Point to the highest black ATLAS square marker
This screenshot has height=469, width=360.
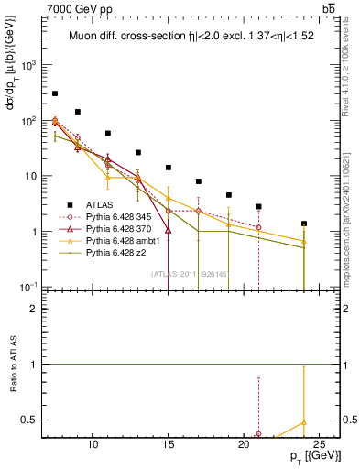[x=55, y=93]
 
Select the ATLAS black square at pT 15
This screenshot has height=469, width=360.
[x=169, y=168]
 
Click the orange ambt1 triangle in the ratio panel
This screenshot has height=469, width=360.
[x=303, y=423]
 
